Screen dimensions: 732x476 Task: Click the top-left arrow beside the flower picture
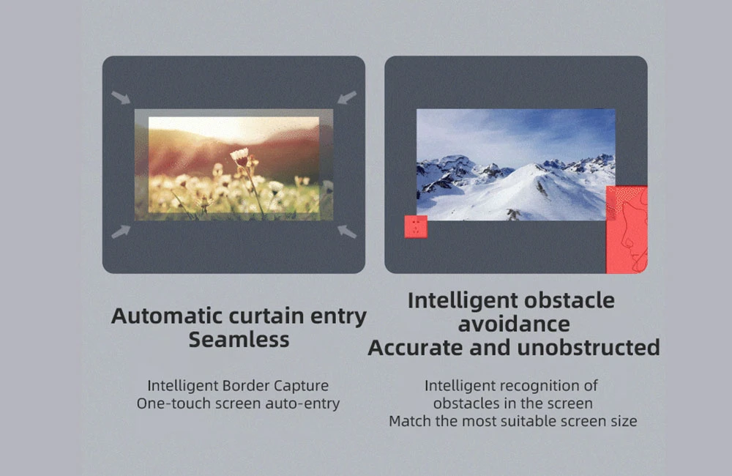(121, 97)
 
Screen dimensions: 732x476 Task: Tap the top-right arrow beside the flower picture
(347, 97)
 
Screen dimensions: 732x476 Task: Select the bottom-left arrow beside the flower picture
(121, 231)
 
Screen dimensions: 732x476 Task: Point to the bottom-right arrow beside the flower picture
(347, 231)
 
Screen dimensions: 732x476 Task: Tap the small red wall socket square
(416, 226)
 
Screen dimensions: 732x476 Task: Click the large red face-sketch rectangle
(627, 229)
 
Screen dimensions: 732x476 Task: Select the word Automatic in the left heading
(167, 316)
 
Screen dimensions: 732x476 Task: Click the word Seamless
(239, 340)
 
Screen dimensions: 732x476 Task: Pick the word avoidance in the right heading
(514, 324)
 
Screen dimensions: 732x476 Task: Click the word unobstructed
(589, 348)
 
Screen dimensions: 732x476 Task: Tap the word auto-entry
(302, 404)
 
